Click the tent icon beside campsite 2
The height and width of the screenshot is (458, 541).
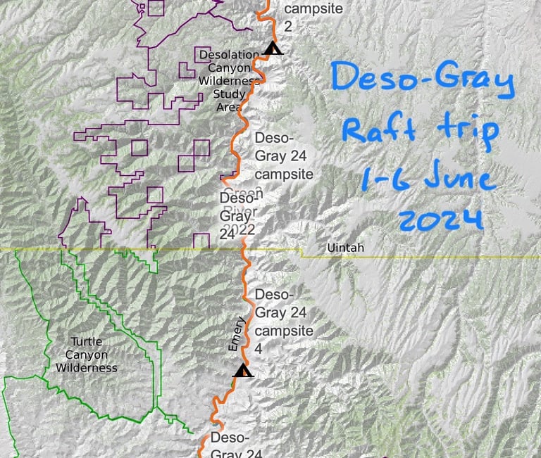tap(273, 49)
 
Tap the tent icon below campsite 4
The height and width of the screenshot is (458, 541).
tap(243, 371)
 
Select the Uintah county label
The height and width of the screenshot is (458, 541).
tap(342, 248)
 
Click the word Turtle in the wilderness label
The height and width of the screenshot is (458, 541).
tap(78, 343)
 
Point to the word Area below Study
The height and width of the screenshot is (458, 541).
tap(228, 107)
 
